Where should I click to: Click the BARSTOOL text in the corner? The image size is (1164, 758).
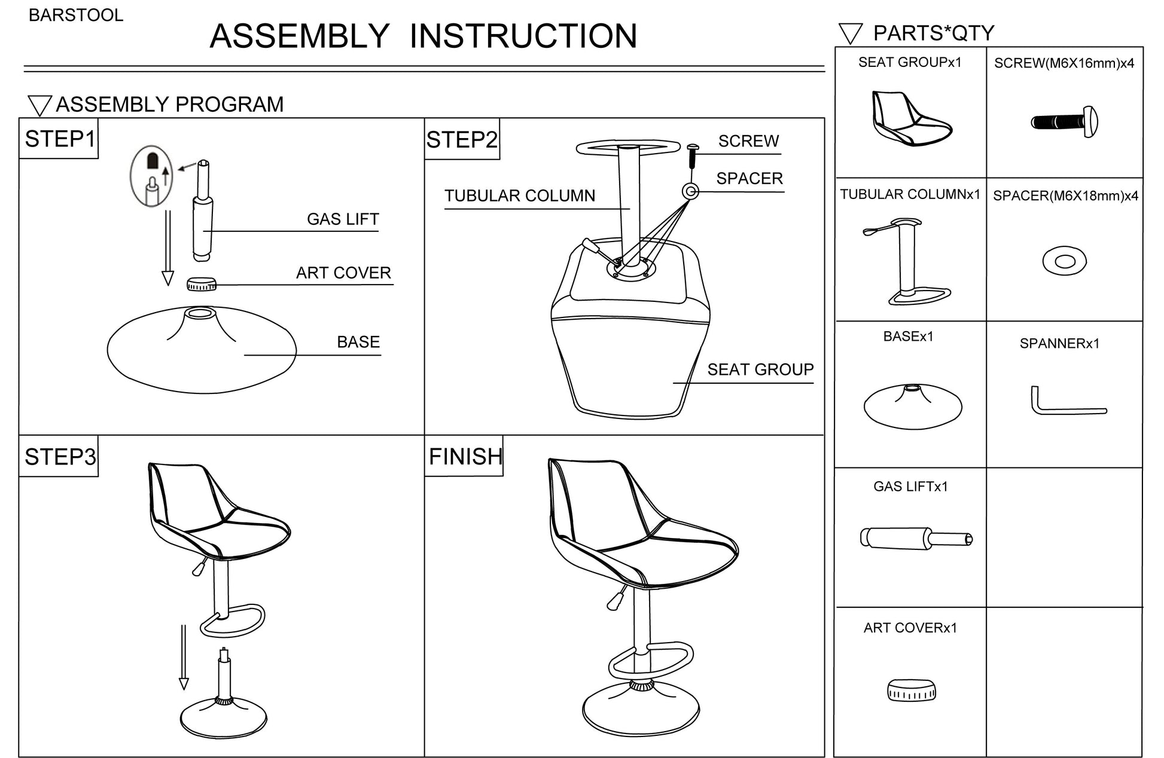[76, 15]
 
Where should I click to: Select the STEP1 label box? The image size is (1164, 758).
[59, 139]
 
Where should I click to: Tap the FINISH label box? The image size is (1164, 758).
[464, 457]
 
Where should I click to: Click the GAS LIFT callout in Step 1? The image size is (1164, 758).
[342, 219]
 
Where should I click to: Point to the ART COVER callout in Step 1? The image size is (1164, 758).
[343, 273]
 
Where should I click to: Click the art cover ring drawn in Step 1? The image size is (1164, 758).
[201, 284]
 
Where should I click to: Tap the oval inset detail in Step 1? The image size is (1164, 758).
[152, 176]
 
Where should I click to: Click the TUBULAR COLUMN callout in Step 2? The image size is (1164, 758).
[519, 196]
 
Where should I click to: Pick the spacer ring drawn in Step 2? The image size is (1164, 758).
[691, 191]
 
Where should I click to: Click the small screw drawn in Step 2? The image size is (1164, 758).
[693, 155]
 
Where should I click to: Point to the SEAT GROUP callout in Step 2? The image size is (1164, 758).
[760, 370]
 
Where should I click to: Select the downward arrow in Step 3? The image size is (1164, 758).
[184, 657]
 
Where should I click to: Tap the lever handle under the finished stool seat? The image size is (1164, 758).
[616, 598]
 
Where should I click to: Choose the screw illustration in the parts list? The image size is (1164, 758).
[1065, 122]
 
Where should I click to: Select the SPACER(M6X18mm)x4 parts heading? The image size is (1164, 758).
[1065, 196]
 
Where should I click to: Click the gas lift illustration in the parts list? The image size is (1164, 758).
[915, 537]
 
